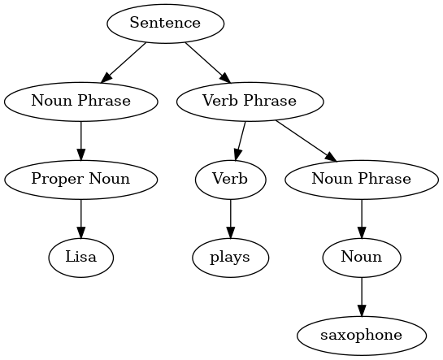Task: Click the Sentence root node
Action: pos(165,24)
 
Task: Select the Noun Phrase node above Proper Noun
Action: pos(81,102)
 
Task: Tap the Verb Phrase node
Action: pos(250,102)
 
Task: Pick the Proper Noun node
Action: pos(81,180)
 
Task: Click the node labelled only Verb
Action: pos(230,180)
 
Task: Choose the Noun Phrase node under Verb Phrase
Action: pos(362,180)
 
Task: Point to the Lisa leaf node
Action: pos(81,258)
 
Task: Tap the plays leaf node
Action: pos(230,258)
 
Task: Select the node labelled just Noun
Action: pos(362,258)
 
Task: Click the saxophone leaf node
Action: pos(362,336)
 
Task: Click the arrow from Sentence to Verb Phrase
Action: pos(208,63)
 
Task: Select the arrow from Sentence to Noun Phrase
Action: pos(124,63)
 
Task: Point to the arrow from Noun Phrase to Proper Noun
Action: pos(81,141)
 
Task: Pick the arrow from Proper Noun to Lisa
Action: pos(81,219)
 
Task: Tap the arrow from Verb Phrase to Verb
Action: pos(241,141)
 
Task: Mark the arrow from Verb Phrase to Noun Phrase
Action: pos(306,141)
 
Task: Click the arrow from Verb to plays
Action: pos(230,219)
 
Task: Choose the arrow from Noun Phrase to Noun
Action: pos(362,219)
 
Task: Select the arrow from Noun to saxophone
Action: pos(362,297)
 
